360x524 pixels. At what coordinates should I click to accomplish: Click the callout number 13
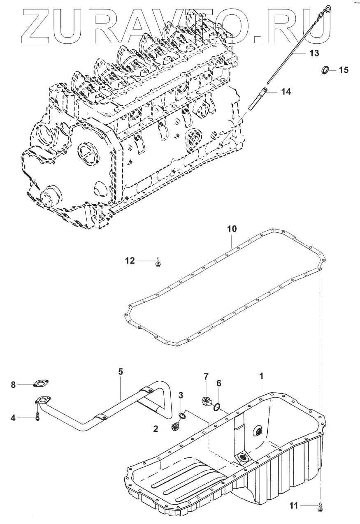point(314,53)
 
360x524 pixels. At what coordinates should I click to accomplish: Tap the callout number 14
point(286,92)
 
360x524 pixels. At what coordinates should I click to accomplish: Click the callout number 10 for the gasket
point(232,229)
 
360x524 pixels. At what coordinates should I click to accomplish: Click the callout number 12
point(130,260)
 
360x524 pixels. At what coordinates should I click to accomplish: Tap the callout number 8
point(13,385)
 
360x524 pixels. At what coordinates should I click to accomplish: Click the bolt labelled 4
point(37,416)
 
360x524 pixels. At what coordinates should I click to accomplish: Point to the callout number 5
point(120,371)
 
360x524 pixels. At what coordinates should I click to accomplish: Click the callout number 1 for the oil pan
point(261,376)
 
